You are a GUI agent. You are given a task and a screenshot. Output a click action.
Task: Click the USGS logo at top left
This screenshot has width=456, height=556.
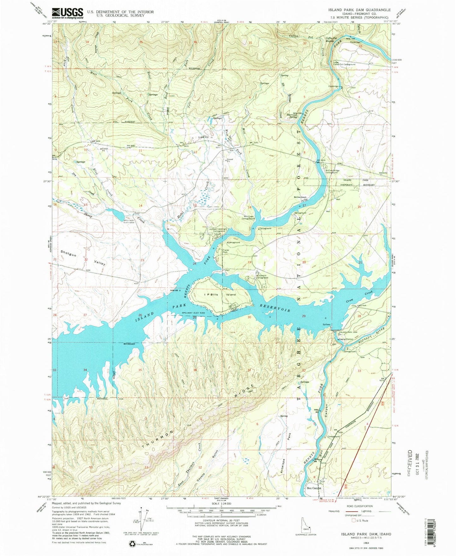67,13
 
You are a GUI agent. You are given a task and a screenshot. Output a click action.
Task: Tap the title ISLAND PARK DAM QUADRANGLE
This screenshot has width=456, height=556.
359,10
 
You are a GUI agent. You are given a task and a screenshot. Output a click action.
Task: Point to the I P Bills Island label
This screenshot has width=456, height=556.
220,294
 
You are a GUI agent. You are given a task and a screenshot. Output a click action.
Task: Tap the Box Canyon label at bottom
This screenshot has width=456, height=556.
314,488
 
